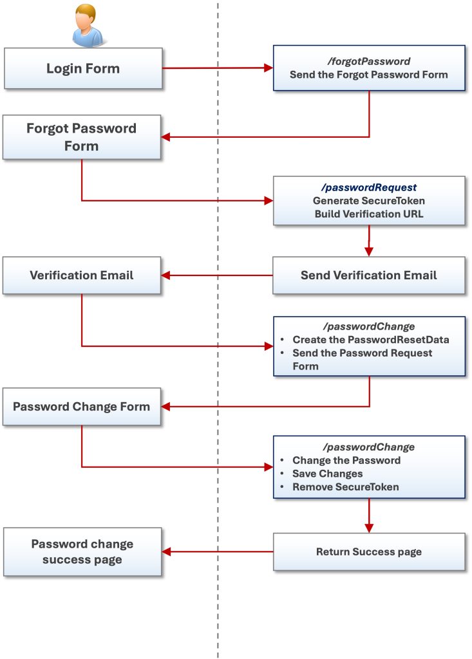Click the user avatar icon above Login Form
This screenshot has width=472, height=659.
tap(87, 25)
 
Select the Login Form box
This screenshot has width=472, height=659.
tap(82, 68)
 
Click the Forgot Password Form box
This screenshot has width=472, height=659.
tap(81, 137)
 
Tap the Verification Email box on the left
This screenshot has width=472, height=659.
tap(81, 275)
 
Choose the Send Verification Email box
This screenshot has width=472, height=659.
tap(368, 275)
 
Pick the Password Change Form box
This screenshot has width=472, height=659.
tap(81, 407)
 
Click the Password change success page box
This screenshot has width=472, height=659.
tap(82, 552)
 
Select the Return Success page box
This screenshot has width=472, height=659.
tap(368, 552)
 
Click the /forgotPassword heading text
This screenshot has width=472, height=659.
tap(368, 62)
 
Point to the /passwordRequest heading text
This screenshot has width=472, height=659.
tap(368, 188)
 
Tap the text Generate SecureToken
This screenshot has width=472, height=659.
tap(368, 201)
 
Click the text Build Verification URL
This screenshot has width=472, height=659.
tap(368, 214)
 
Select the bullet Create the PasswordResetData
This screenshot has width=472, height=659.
tap(370, 339)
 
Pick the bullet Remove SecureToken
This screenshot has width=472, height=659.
tap(345, 487)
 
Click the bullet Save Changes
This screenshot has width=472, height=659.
tap(327, 474)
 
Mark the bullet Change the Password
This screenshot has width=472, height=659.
tap(346, 460)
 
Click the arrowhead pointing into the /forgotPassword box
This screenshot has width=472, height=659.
tap(268, 68)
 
